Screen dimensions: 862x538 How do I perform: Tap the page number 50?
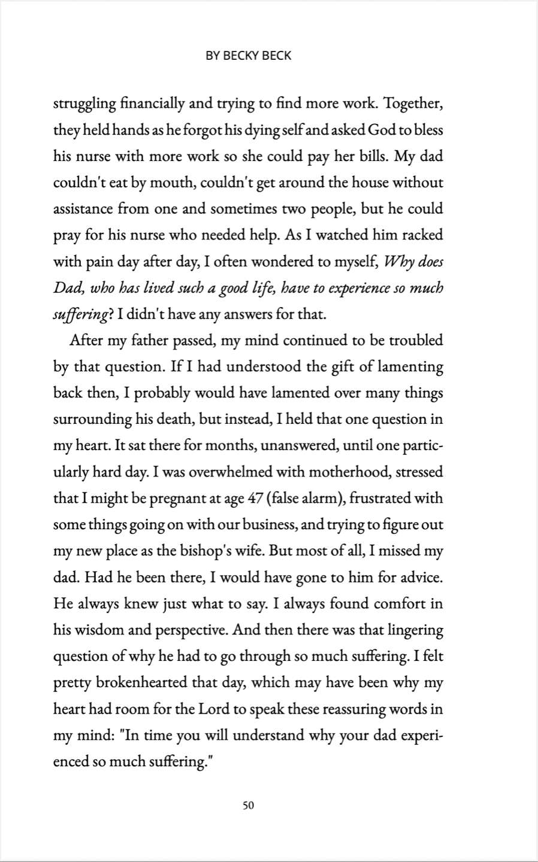(x=249, y=805)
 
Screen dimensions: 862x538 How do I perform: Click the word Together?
(x=413, y=104)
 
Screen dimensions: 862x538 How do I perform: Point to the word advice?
(x=418, y=578)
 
